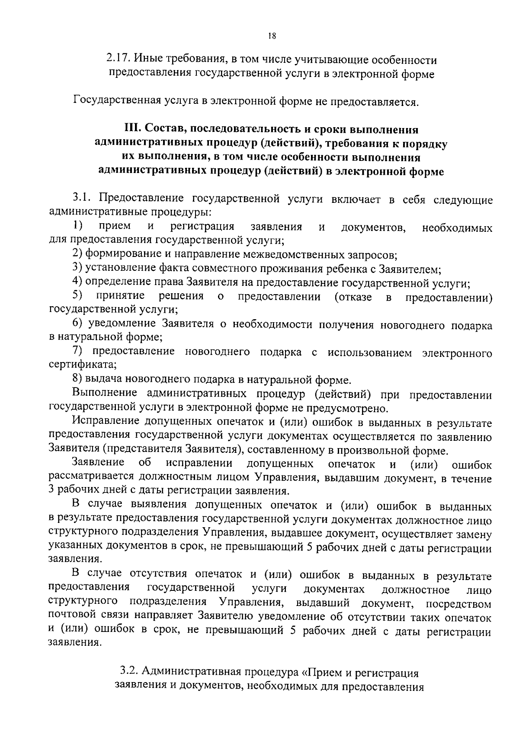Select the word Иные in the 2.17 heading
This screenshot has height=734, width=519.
pos(145,59)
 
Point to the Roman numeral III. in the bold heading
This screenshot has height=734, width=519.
pos(133,130)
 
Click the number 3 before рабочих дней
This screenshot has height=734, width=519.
pos(52,491)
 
